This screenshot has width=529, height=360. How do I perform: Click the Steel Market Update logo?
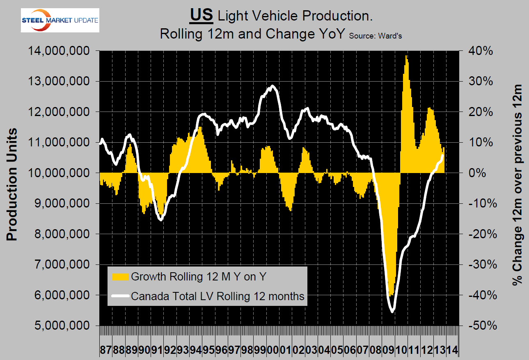pyautogui.click(x=60, y=21)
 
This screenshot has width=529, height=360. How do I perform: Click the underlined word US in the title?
pyautogui.click(x=201, y=16)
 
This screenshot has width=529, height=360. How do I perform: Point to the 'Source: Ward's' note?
pyautogui.click(x=375, y=36)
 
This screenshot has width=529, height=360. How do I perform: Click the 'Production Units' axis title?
pyautogui.click(x=12, y=185)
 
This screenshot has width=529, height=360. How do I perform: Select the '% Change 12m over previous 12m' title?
pyautogui.click(x=518, y=185)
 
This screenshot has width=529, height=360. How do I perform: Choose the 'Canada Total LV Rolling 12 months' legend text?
pyautogui.click(x=218, y=296)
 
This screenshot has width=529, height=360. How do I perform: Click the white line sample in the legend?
pyautogui.click(x=120, y=296)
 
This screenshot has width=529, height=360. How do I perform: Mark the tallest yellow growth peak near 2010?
pyautogui.click(x=406, y=56)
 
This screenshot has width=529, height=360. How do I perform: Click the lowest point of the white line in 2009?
pyautogui.click(x=392, y=312)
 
